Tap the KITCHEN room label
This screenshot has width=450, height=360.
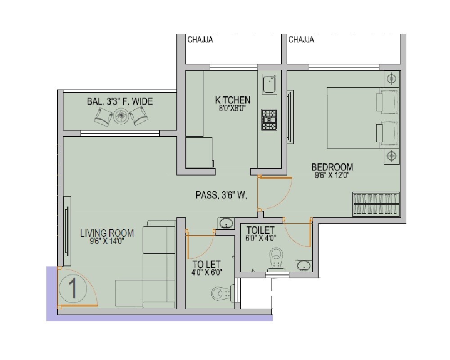click(233, 100)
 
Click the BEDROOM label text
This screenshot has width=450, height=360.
click(332, 167)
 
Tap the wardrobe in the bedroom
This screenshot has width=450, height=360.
click(376, 204)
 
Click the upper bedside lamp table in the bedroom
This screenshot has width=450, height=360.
click(392, 80)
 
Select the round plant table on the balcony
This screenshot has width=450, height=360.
click(121, 116)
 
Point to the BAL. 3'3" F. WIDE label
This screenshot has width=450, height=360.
click(120, 102)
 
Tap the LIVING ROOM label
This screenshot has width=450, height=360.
click(107, 233)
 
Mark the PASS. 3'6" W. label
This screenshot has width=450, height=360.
click(221, 195)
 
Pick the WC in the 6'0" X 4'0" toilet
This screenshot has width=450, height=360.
click(275, 259)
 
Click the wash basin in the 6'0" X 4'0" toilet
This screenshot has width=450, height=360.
click(304, 265)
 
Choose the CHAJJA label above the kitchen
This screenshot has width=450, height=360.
click(200, 40)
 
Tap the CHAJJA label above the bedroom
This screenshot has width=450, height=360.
click(301, 40)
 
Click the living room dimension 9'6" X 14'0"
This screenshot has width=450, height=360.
click(107, 241)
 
